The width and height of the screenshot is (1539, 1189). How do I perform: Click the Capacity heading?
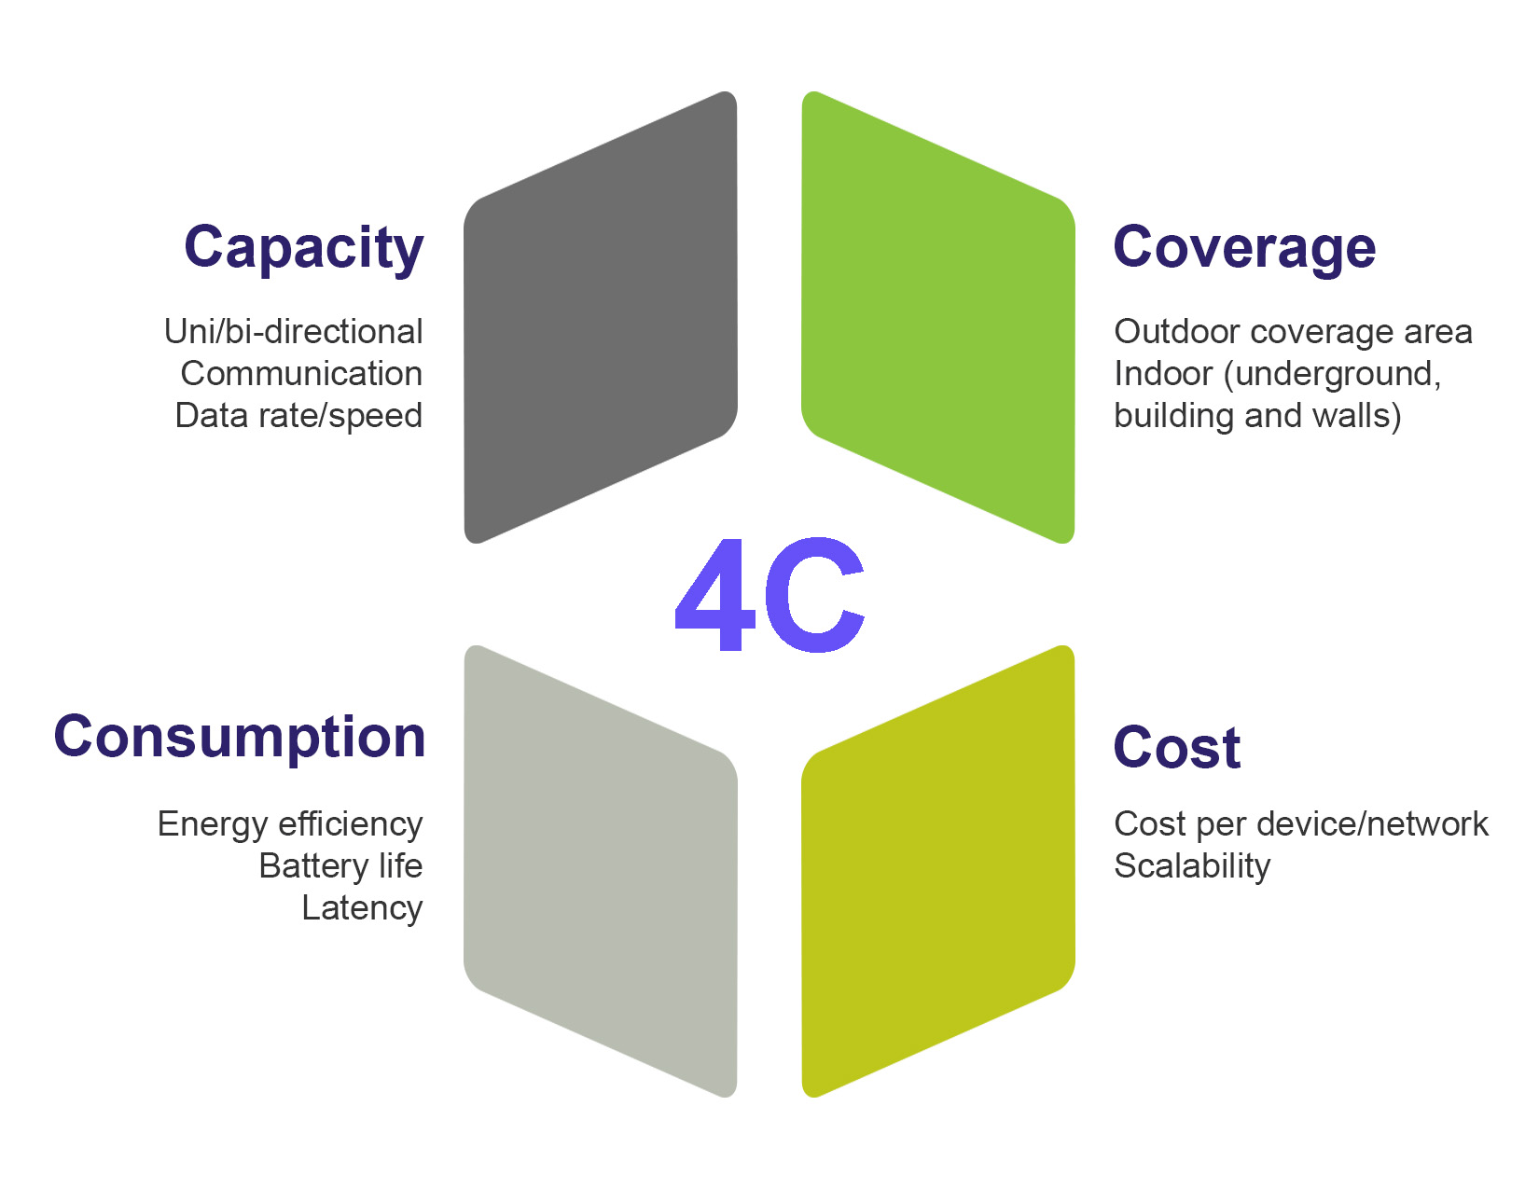click(304, 247)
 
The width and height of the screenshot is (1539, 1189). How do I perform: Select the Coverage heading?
click(1244, 247)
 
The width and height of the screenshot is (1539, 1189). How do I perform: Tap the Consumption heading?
click(240, 737)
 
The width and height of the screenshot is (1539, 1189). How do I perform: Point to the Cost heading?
click(1177, 747)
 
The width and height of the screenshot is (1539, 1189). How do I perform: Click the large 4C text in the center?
click(770, 595)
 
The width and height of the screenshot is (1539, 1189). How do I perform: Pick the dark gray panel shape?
click(601, 317)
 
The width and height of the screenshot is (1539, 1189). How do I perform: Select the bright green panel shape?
click(938, 317)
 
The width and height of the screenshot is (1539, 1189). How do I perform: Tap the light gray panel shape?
click(601, 871)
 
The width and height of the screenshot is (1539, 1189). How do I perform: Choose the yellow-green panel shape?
click(938, 871)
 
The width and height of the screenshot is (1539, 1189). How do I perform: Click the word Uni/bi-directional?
click(293, 332)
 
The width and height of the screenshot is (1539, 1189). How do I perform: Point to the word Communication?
click(301, 374)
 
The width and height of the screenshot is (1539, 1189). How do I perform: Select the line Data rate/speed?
click(298, 416)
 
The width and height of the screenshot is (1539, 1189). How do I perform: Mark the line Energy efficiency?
click(290, 824)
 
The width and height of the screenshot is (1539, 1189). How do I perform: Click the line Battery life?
click(340, 866)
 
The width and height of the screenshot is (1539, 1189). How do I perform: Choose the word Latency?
click(362, 908)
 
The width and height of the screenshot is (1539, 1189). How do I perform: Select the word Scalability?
click(1192, 866)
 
